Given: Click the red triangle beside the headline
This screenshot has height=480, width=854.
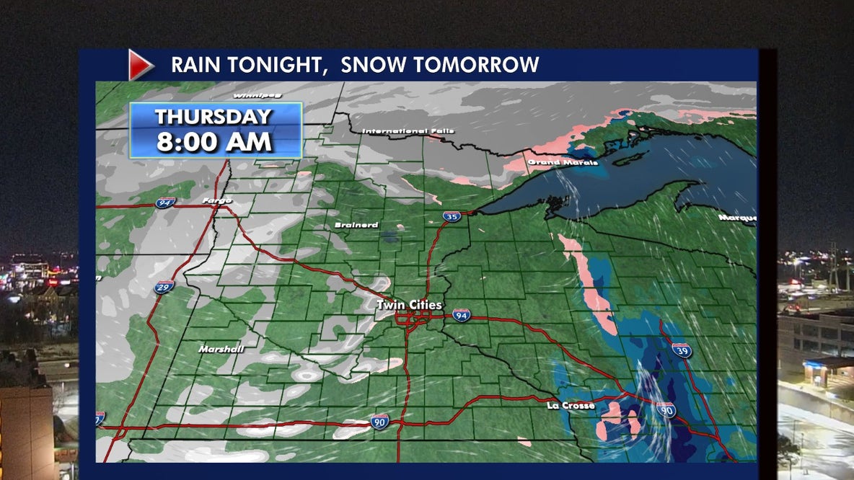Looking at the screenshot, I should [140, 65].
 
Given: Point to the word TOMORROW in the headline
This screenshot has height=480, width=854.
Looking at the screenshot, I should [477, 65].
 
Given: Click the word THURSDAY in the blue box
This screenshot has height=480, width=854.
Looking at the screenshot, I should [213, 117].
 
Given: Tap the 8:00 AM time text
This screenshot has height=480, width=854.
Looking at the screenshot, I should [214, 141].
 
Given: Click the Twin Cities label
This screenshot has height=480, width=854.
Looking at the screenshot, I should [409, 306].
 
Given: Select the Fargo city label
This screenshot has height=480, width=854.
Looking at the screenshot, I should [217, 200].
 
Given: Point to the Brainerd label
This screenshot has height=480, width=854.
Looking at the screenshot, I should [356, 225].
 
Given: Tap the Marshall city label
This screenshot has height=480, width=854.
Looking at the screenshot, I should [221, 350].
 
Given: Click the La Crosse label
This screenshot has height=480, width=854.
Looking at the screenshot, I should [571, 406].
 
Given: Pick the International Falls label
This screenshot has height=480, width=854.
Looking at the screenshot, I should [408, 131].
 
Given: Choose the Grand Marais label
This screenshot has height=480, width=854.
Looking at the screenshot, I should [563, 163].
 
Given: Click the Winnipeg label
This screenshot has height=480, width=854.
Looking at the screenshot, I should [257, 95].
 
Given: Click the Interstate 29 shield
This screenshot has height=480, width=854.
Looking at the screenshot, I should [164, 288].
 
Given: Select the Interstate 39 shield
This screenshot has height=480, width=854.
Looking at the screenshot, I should [682, 350].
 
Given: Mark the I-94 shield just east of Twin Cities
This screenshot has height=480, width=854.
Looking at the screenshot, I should [462, 314].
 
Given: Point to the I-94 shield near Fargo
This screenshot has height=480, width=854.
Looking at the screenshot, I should [165, 203].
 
